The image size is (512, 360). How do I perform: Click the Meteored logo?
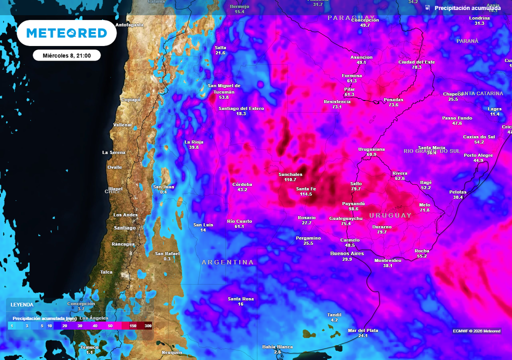pos(66,33)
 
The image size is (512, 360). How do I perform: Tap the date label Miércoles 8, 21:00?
pos(66,55)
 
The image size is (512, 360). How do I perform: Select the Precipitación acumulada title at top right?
pos(467,8)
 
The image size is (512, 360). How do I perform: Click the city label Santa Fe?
pos(306,188)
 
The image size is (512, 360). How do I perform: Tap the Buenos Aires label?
pos(347,253)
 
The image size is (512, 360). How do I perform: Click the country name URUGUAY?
pos(390,215)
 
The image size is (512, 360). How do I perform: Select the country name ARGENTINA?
pos(227,262)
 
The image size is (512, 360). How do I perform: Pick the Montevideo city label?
pos(387,260)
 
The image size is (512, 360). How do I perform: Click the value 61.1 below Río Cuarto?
pos(239,226)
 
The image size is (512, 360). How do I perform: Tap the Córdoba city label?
pos(242,184)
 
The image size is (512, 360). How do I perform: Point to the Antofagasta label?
pos(129,24)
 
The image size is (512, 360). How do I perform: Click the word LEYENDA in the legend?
pos(22,304)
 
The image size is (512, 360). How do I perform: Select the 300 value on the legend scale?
pos(148,325)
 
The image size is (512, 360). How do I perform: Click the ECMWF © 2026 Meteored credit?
pos(476,331)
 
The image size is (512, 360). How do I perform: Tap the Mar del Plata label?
pos(363,330)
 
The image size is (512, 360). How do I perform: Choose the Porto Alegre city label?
pos(478,155)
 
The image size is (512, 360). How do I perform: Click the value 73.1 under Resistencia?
pos(336,107)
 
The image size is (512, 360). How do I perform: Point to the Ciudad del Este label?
pos(416,61)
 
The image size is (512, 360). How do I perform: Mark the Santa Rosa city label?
pos(240,299)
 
